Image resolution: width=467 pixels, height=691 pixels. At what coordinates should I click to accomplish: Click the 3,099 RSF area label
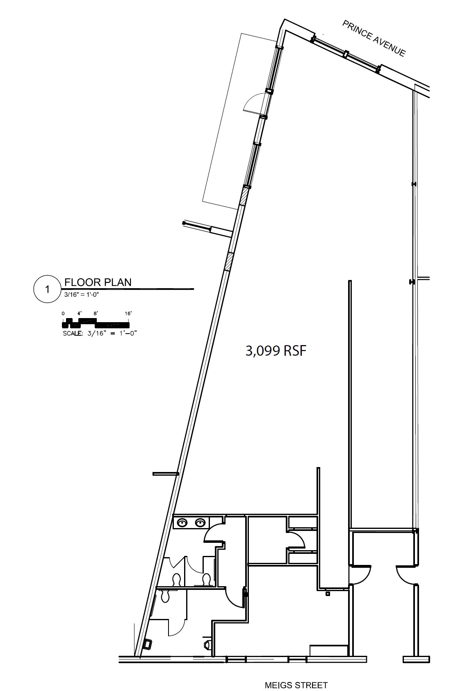[276, 351]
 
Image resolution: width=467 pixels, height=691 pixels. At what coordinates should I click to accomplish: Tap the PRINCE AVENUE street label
[374, 38]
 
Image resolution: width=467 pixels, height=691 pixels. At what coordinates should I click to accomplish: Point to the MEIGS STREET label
[296, 685]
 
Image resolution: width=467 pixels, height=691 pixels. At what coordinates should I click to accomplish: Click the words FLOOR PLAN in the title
[98, 282]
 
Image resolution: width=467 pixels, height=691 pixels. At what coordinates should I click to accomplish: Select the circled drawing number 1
[47, 289]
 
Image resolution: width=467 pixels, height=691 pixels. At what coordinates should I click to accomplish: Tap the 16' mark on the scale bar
[128, 314]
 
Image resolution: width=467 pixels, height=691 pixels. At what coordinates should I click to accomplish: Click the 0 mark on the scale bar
[64, 314]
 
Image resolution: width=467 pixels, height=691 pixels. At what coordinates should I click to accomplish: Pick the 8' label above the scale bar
[96, 314]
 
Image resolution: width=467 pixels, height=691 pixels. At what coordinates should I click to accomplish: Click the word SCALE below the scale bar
[73, 333]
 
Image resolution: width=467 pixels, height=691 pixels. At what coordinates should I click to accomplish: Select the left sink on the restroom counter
[182, 522]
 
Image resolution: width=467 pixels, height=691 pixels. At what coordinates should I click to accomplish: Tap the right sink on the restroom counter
[200, 522]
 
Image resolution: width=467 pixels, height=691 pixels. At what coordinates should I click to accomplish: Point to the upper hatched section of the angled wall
[244, 196]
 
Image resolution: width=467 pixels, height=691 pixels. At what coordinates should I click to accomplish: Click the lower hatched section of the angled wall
[229, 262]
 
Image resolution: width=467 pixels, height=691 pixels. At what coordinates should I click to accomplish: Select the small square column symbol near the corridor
[328, 593]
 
